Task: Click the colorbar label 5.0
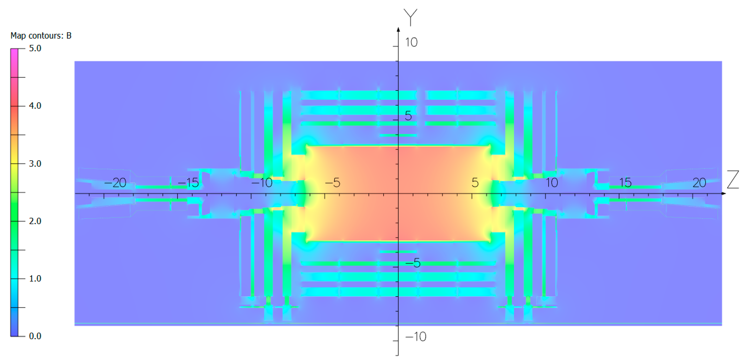35,48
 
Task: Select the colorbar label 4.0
35,106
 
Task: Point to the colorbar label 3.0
35,164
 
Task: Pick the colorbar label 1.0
35,279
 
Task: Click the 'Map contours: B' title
41,36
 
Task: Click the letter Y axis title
410,17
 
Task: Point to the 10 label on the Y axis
411,43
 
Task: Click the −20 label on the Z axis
115,183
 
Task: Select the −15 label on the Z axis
188,183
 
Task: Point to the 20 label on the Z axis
699,183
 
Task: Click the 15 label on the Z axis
625,183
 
